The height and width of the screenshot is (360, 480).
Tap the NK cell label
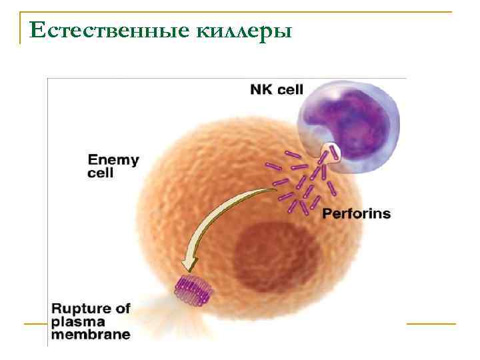tap(276, 89)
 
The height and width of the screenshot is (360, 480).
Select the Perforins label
tap(356, 214)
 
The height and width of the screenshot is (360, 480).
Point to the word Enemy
tap(113, 160)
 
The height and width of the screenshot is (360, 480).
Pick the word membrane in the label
tap(91, 335)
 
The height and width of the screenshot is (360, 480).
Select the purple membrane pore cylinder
tap(191, 290)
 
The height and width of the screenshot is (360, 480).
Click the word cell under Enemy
tap(101, 173)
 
